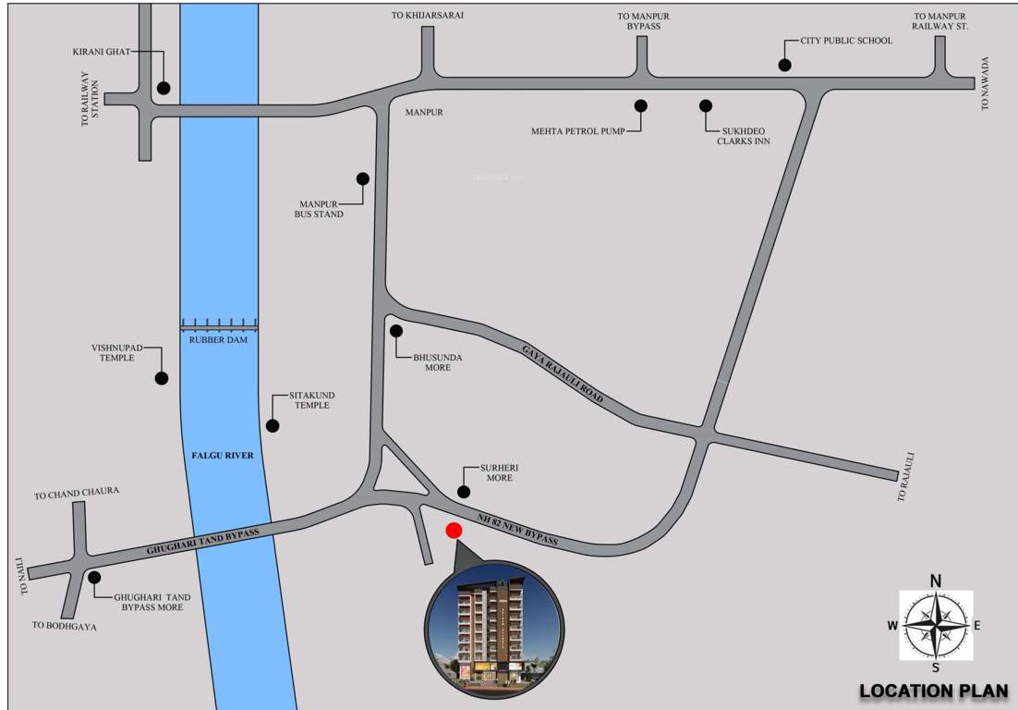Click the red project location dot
coord(454,531)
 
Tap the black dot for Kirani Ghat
coord(164,88)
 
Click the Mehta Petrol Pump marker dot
coord(640,105)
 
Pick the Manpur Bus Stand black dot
coord(363,178)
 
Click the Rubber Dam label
coord(219,339)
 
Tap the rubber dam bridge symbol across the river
coord(219,324)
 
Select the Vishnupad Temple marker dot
coord(162,377)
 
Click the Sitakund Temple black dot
coord(273,425)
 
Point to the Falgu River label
coord(223,456)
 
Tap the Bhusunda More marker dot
coord(396,330)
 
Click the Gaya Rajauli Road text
coord(562,370)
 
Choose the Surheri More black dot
coord(465,490)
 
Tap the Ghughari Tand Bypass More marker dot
coord(94,577)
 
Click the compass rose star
coord(936,625)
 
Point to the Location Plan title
coord(933,691)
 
